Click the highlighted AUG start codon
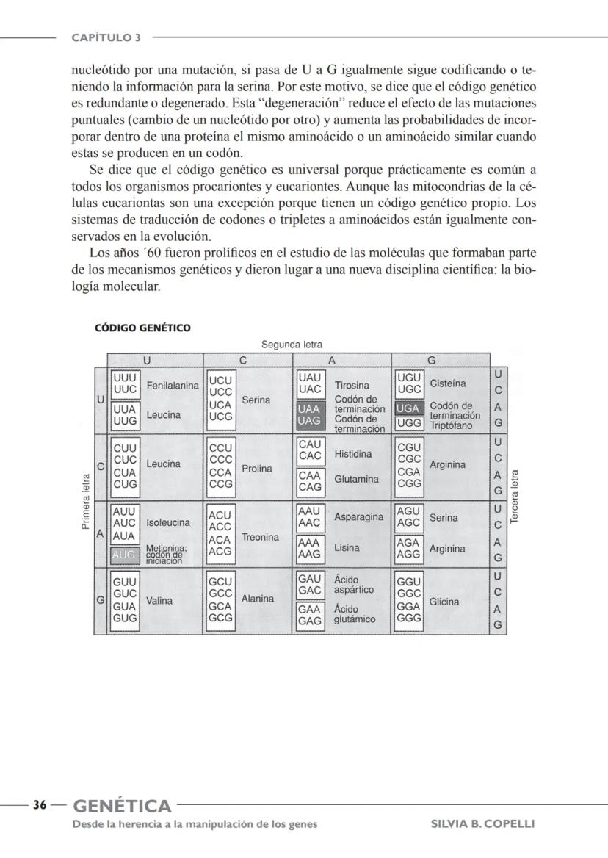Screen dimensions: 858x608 click(x=123, y=555)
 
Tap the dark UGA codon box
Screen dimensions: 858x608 click(x=408, y=408)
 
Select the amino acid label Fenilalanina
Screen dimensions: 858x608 click(x=173, y=386)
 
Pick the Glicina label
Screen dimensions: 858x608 click(x=444, y=602)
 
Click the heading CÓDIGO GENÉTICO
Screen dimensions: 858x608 click(x=142, y=328)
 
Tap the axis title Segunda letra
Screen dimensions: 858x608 click(x=292, y=344)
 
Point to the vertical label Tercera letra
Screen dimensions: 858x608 click(x=515, y=497)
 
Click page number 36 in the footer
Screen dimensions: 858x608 click(x=40, y=805)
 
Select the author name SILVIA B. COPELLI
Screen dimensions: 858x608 click(x=482, y=823)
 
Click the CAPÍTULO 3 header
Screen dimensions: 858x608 click(x=106, y=37)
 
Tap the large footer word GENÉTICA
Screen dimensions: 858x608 click(x=122, y=806)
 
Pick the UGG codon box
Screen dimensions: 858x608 click(x=408, y=423)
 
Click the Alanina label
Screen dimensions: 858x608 click(x=257, y=599)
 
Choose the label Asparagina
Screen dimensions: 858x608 click(x=359, y=517)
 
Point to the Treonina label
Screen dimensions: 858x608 click(x=259, y=538)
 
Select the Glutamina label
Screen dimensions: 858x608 click(x=357, y=480)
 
